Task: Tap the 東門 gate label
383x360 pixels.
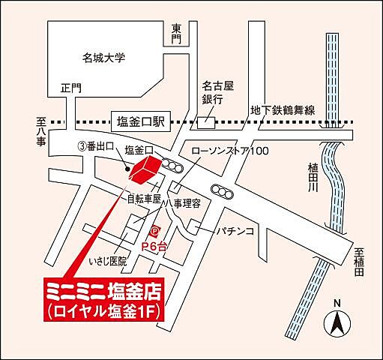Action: pos(176,34)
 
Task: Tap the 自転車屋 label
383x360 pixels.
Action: pos(145,199)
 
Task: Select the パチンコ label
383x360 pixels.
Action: pos(237,229)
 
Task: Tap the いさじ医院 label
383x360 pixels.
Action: pos(108,261)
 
